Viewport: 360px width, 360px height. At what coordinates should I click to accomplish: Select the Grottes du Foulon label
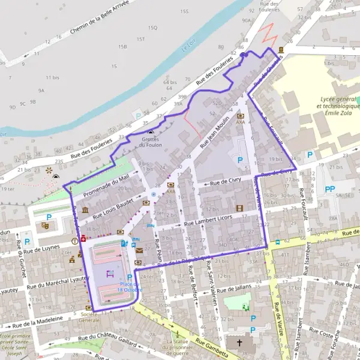point(151,141)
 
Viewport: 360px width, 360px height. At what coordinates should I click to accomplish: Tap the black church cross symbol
point(241,344)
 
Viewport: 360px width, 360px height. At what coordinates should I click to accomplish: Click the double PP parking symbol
point(329,189)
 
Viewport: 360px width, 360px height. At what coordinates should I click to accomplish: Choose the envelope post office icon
point(139,250)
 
